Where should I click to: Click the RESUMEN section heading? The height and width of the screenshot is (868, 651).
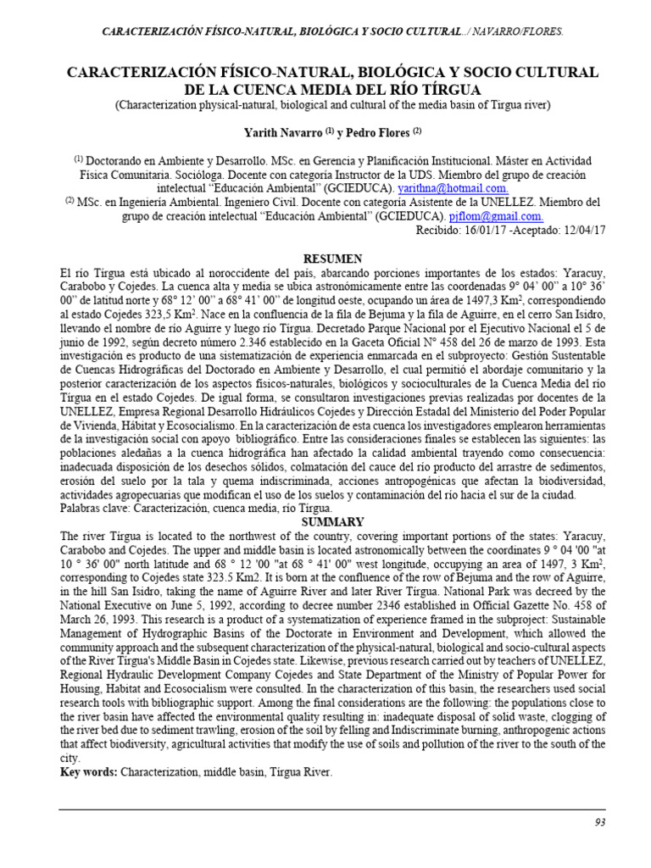pyautogui.click(x=333, y=258)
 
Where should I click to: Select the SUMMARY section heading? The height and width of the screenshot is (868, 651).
pyautogui.click(x=333, y=522)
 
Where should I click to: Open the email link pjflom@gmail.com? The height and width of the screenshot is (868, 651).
pyautogui.click(x=496, y=215)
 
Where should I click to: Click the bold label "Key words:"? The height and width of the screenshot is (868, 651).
pyautogui.click(x=88, y=772)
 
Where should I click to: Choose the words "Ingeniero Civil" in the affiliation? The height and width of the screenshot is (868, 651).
pyautogui.click(x=277, y=202)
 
